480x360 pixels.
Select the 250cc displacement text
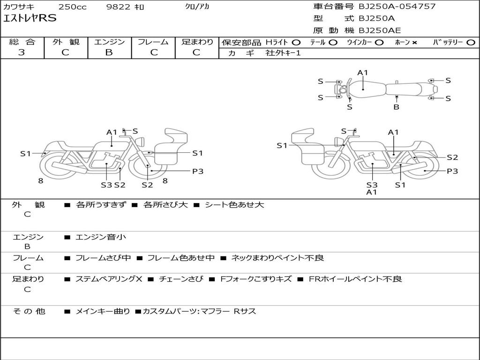click(x=72, y=7)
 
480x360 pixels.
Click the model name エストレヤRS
click(x=30, y=18)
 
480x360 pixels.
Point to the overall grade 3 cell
click(x=22, y=52)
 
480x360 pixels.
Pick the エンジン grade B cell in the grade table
click(x=109, y=52)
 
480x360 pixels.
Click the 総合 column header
click(x=22, y=42)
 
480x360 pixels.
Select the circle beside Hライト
click(x=296, y=42)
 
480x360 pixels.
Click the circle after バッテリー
click(x=471, y=42)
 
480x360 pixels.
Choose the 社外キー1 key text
click(x=283, y=53)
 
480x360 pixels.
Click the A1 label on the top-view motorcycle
click(x=363, y=73)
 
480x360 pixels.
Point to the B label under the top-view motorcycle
click(x=396, y=107)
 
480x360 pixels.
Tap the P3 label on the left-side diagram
click(x=198, y=171)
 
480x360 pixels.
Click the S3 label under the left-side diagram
click(x=106, y=185)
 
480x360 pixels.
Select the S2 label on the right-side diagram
click(x=452, y=158)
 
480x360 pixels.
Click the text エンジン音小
click(x=101, y=237)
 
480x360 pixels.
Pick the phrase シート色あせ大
click(x=234, y=205)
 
